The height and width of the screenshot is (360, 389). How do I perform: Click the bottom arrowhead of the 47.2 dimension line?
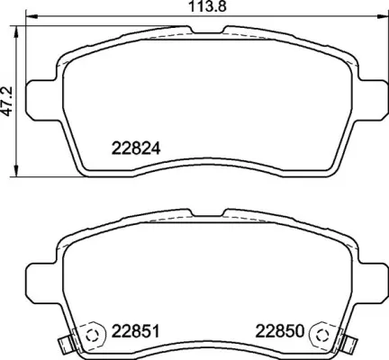pos(20,172)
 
